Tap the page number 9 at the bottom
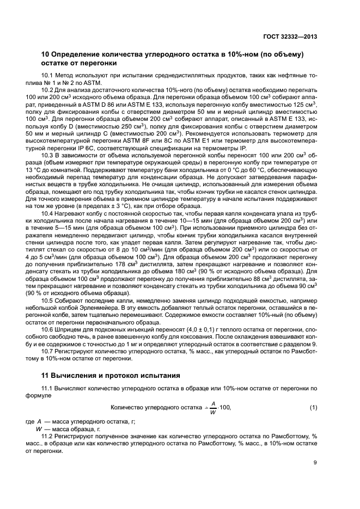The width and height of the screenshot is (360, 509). (x=315, y=463)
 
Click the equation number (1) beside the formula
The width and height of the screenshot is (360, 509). (x=313, y=408)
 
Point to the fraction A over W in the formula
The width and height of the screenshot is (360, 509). (x=213, y=408)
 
